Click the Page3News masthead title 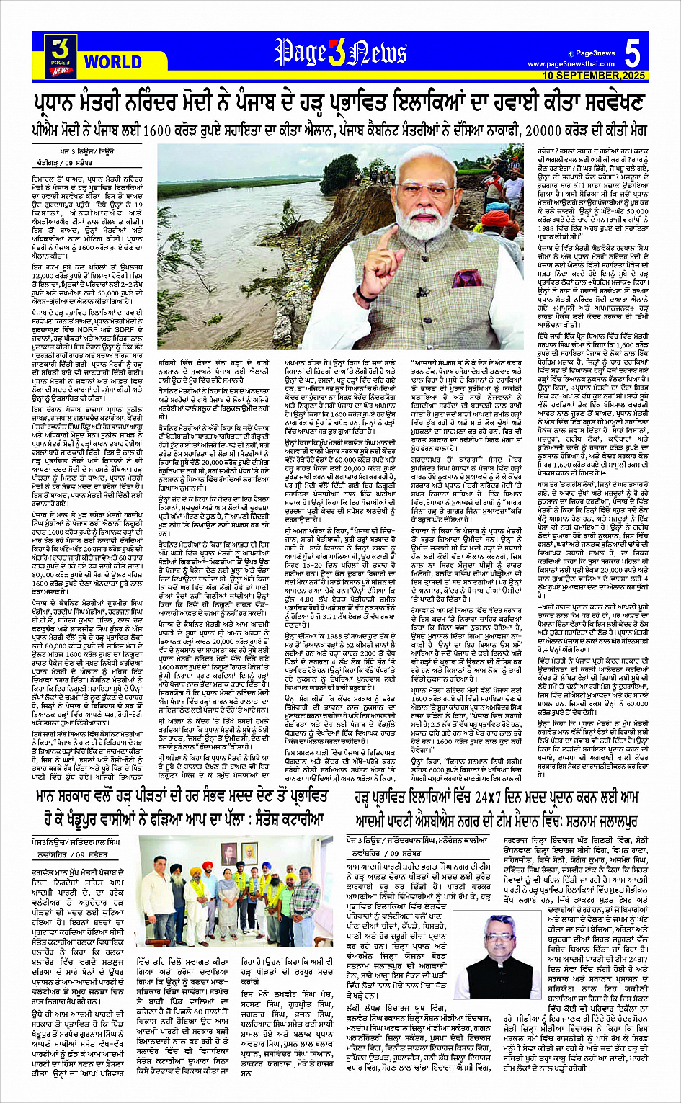pyautogui.click(x=340, y=53)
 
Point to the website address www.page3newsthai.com pyautogui.click(x=571, y=64)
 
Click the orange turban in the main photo pyautogui.click(x=494, y=219)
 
